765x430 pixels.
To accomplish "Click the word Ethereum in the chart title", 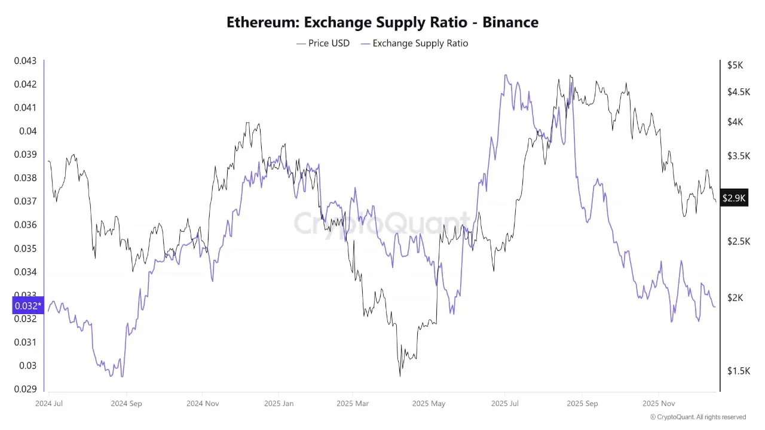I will [x=262, y=23].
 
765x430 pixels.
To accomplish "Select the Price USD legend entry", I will [x=323, y=43].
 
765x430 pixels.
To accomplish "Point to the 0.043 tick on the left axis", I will [x=25, y=61].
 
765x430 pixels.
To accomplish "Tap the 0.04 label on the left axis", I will [x=27, y=131].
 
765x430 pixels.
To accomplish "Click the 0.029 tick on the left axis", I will [x=25, y=389].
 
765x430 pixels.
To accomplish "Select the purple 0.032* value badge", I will [x=27, y=306].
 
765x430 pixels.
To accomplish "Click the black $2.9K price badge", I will [x=734, y=198].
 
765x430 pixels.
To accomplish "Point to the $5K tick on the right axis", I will [x=735, y=65].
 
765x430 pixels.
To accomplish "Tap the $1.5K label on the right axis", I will [x=738, y=371].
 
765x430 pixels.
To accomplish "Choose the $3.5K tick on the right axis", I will [x=738, y=156].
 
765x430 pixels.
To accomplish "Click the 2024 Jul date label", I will [x=49, y=403].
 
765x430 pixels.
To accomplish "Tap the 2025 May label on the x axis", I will [x=429, y=403].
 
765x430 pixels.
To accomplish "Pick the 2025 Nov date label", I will [x=659, y=403].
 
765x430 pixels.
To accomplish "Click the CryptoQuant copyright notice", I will [x=697, y=417].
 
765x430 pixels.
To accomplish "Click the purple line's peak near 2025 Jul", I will [x=506, y=76].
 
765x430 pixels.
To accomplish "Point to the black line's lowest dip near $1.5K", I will [x=400, y=376].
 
